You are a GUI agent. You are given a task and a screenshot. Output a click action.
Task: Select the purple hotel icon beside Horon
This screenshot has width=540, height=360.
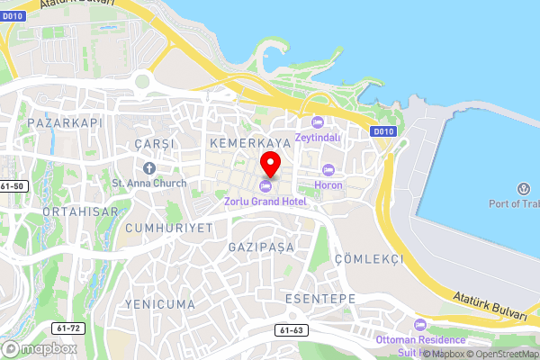pyautogui.click(x=328, y=169)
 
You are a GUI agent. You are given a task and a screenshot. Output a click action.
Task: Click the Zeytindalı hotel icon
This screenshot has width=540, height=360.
pyautogui.click(x=316, y=122)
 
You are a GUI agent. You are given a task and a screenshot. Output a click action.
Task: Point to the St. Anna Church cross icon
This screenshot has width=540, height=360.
pyautogui.click(x=149, y=168)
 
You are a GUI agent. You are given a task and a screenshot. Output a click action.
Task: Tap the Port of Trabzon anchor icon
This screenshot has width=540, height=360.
pyautogui.click(x=522, y=188)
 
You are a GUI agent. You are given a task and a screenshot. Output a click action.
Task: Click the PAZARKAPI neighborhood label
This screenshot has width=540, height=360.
pyautogui.click(x=66, y=121)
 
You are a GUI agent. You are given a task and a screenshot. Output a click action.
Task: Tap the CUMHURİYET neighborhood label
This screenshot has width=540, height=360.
pyautogui.click(x=169, y=228)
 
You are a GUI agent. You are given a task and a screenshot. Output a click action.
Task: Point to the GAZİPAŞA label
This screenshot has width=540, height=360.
pyautogui.click(x=262, y=246)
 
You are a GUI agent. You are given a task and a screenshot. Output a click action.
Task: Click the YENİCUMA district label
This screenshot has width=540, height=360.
pyautogui.click(x=160, y=304)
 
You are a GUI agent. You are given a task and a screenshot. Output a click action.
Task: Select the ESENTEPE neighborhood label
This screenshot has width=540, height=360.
pyautogui.click(x=319, y=298)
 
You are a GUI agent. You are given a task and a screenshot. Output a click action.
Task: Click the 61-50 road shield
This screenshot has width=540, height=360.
pyautogui.click(x=13, y=186)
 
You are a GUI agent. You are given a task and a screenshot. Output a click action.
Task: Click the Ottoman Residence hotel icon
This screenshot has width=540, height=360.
pyautogui.click(x=418, y=324)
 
